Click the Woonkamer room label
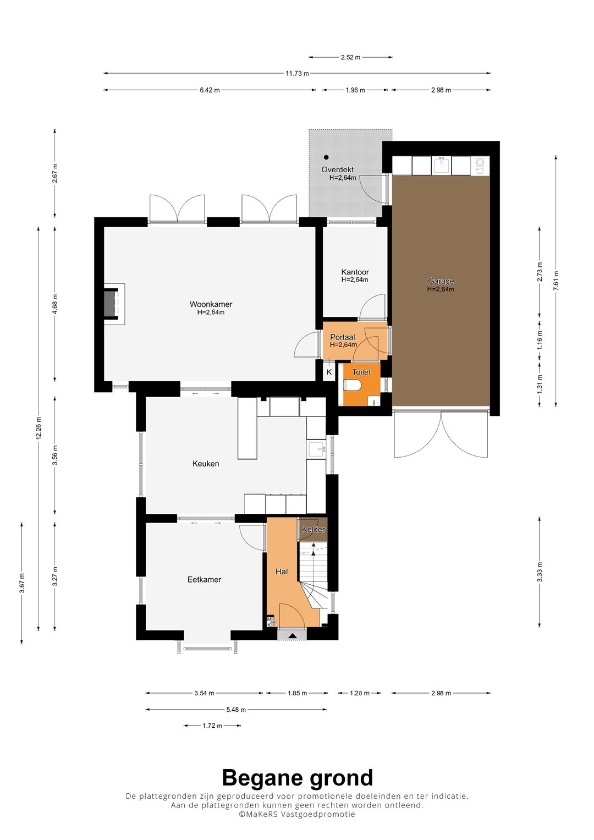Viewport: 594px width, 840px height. [211, 304]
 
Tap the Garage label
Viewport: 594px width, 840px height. [441, 281]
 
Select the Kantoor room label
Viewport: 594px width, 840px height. [355, 272]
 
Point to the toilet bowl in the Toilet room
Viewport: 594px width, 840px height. [352, 385]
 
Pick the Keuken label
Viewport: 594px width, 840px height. [206, 464]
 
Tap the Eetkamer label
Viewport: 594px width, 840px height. [205, 579]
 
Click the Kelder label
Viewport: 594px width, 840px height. [313, 529]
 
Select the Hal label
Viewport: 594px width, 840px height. [282, 572]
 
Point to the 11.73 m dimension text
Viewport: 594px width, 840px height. [297, 74]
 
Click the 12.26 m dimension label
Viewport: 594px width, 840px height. [38, 428]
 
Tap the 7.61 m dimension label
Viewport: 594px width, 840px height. [555, 281]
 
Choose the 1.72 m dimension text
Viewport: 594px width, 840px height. [212, 726]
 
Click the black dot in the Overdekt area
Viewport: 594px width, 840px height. [326, 157]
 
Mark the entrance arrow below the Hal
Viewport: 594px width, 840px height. [292, 635]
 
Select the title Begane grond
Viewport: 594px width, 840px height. [298, 778]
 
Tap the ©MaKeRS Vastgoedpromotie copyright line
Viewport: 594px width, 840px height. [297, 814]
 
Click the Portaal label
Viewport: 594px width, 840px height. [342, 337]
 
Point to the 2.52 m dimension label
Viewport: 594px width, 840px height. [350, 57]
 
